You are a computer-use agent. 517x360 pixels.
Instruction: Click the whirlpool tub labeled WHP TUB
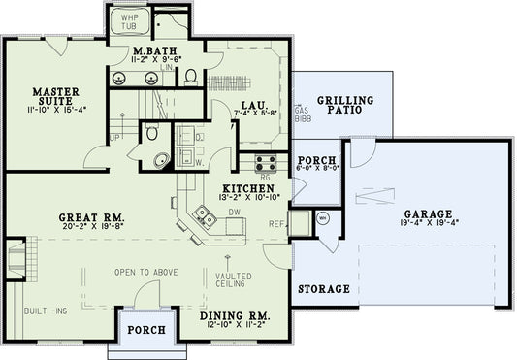(x=128, y=22)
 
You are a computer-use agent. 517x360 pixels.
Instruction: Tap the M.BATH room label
(x=153, y=50)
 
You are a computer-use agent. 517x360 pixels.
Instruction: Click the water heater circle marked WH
(x=323, y=219)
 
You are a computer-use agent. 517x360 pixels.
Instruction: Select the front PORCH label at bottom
(x=146, y=331)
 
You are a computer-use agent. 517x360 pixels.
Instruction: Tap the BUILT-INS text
(x=45, y=311)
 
